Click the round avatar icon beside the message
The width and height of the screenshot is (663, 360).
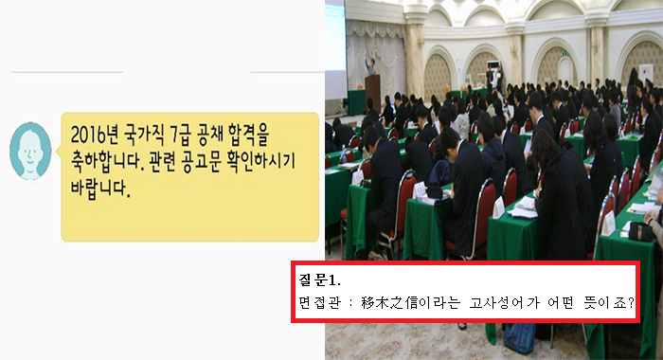pyautogui.click(x=30, y=151)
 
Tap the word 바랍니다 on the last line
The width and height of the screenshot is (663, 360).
pyautogui.click(x=99, y=189)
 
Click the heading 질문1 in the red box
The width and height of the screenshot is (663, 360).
pyautogui.click(x=320, y=279)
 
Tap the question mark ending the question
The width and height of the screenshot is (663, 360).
pyautogui.click(x=631, y=303)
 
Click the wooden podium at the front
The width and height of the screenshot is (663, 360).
pyautogui.click(x=373, y=94)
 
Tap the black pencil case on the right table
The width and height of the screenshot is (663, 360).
pyautogui.click(x=641, y=231)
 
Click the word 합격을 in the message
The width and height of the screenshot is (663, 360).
pyautogui.click(x=248, y=135)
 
